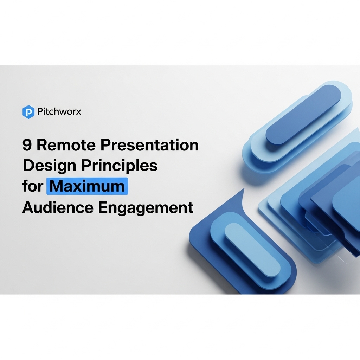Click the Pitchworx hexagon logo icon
(28, 112)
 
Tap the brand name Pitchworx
(59, 112)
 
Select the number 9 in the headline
(27, 145)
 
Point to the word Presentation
(149, 145)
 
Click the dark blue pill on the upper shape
(303, 115)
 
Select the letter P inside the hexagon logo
(28, 112)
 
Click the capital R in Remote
(42, 145)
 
